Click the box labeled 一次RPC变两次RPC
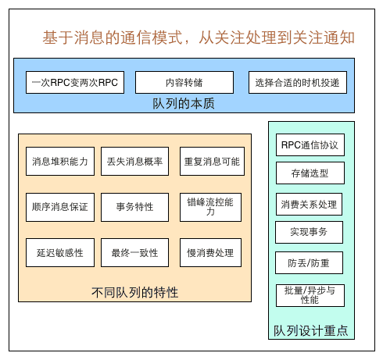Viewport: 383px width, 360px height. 75,82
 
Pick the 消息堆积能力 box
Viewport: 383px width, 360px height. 60,162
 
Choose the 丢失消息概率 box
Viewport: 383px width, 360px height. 135,162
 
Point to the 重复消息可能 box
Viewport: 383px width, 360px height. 211,162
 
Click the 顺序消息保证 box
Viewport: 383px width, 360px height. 60,207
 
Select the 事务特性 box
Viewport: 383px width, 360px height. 135,207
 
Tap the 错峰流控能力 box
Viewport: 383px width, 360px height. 211,207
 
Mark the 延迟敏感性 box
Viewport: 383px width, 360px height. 60,252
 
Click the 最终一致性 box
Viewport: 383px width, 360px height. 135,252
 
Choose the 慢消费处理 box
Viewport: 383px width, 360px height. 211,252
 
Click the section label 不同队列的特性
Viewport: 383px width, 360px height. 135,292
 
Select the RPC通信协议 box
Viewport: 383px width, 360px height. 310,144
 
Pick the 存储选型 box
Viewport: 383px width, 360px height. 310,173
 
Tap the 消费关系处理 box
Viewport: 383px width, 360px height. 310,204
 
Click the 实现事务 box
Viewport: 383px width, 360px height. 310,232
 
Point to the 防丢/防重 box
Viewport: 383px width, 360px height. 310,262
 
